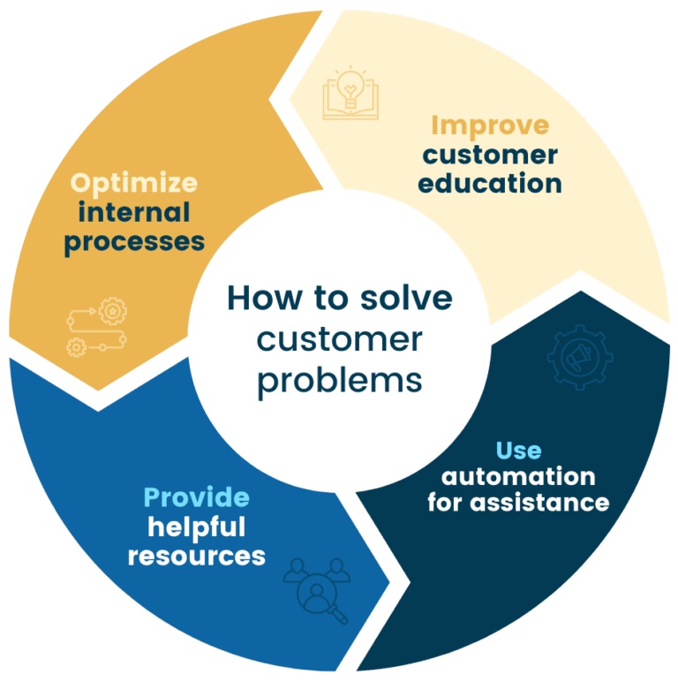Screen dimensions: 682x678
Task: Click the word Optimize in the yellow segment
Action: tap(133, 183)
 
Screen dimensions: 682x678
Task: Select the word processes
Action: tap(134, 241)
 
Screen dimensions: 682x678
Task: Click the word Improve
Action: tap(489, 125)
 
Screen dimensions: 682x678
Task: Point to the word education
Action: tap(489, 184)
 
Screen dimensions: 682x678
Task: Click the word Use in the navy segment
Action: tap(518, 450)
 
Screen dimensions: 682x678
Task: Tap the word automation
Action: tap(518, 477)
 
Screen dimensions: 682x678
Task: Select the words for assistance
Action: tap(518, 504)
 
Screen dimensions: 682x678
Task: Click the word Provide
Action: tap(196, 497)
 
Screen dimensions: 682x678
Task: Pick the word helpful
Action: tap(196, 527)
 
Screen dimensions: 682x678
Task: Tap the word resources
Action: tap(196, 556)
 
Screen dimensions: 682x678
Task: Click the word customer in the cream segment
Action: tap(489, 155)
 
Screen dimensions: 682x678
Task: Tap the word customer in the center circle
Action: tap(340, 339)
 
